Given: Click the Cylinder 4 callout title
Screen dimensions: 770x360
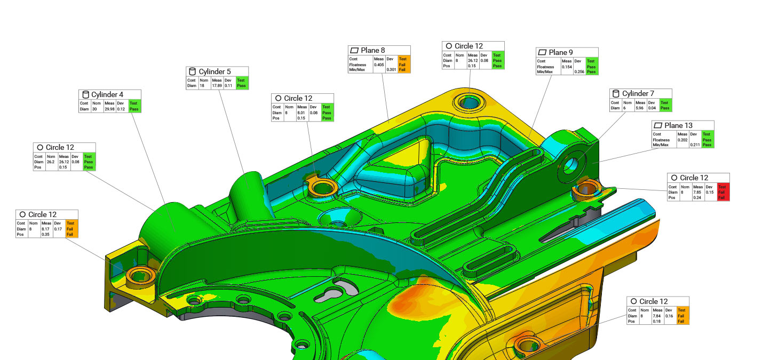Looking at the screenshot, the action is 107,94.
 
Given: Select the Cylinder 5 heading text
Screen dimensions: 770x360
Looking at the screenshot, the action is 215,71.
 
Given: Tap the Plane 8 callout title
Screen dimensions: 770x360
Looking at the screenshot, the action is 373,51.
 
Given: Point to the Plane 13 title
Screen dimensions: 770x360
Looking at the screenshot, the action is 679,125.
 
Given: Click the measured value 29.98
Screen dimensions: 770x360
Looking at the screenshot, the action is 109,109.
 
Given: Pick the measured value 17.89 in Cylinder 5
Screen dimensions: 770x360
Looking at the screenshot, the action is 217,86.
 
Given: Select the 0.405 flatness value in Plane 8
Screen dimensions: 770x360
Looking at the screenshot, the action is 379,65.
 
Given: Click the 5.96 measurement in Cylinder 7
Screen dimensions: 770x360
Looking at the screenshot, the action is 640,108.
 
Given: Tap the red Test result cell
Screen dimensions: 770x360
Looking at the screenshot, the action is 723,192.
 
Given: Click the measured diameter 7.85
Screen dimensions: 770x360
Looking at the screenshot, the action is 697,193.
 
